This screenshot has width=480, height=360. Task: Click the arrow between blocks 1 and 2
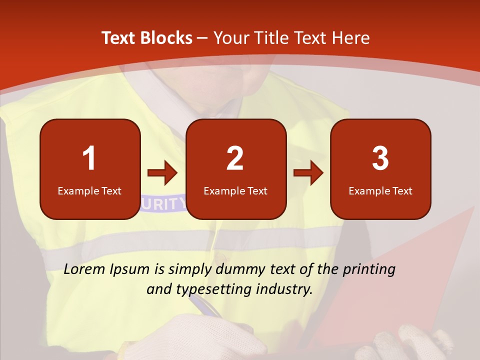(x=162, y=173)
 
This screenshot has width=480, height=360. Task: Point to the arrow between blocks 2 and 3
(x=308, y=173)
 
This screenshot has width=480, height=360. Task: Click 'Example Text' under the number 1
(x=89, y=190)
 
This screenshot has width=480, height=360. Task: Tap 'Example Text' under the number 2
(x=235, y=190)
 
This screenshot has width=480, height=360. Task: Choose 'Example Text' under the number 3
(x=380, y=190)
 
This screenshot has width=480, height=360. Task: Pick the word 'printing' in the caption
(x=369, y=269)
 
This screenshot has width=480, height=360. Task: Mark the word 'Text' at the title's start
(x=118, y=38)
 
